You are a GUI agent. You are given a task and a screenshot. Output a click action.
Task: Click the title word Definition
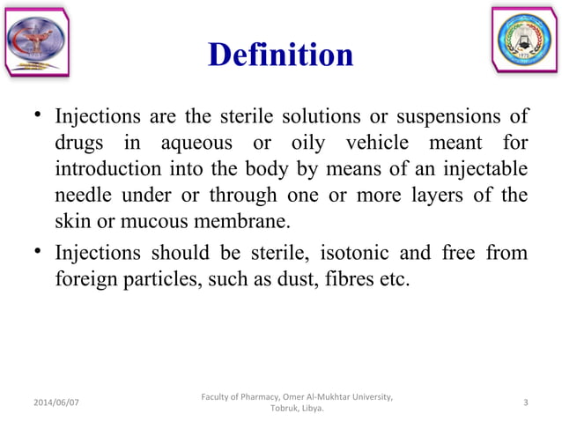click(280, 55)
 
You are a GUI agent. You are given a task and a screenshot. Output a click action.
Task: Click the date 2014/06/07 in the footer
click(55, 403)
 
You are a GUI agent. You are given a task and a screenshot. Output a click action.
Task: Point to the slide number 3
click(526, 403)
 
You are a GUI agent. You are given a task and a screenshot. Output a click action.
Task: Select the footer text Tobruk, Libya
click(296, 410)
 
